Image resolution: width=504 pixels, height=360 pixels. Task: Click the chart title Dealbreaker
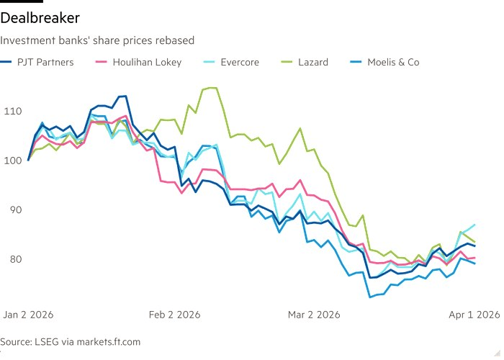click(40, 17)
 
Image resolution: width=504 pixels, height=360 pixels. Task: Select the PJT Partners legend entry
click(45, 62)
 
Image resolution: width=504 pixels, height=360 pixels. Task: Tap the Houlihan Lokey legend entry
click(147, 62)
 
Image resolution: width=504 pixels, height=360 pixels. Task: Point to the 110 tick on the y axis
click(12, 111)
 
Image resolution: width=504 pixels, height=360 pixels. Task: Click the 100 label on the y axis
click(12, 160)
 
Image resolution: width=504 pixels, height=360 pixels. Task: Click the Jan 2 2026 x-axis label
click(29, 315)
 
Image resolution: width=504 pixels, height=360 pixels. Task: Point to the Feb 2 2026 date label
click(174, 315)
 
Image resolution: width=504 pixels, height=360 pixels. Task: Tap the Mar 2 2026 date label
click(314, 315)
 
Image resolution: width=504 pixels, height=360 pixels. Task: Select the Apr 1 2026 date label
click(473, 315)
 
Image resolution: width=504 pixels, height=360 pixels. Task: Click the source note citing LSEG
click(71, 341)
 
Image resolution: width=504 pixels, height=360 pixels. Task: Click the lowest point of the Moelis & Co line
click(370, 297)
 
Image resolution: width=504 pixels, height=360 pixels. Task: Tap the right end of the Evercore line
click(474, 225)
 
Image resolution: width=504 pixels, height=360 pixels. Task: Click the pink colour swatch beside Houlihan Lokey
click(102, 62)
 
